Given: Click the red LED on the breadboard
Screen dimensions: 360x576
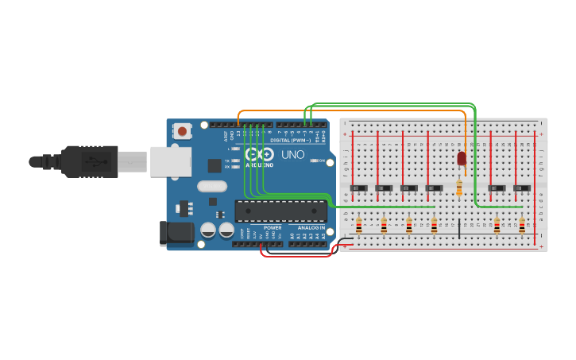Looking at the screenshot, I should tap(462, 158).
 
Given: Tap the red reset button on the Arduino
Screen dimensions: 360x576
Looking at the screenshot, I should tap(183, 131).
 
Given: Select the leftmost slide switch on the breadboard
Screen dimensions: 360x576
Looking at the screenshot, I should tap(359, 188).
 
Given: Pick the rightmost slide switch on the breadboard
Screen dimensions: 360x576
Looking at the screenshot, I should tap(522, 188).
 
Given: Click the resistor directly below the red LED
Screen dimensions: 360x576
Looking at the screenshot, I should tap(459, 188).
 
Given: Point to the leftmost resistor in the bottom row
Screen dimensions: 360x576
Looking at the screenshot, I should tap(359, 226).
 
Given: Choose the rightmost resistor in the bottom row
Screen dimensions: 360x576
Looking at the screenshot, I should tap(522, 226).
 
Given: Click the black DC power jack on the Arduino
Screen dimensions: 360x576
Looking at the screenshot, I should tap(176, 232).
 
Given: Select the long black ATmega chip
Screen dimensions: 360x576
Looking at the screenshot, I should tap(280, 211).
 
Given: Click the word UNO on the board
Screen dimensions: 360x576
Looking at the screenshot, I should tap(293, 155).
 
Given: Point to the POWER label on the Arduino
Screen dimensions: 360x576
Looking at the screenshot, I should tap(273, 228).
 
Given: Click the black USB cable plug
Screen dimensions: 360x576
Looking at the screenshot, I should tap(91, 161).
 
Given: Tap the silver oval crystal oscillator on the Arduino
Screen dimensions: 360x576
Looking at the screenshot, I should tap(212, 188).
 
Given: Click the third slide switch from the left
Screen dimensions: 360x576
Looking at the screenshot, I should tap(409, 188).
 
